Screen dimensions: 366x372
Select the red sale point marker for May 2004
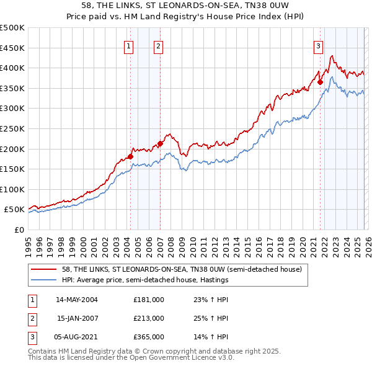tap(130, 156)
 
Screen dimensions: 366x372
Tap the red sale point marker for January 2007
tap(160, 143)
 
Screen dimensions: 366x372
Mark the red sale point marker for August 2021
tap(321, 82)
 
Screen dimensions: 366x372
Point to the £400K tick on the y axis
tap(12, 68)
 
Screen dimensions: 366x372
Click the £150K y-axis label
tap(12, 169)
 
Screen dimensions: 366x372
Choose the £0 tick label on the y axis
tap(18, 230)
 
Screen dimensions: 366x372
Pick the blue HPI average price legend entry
tap(146, 280)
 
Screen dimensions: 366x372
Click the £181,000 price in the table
tap(149, 299)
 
